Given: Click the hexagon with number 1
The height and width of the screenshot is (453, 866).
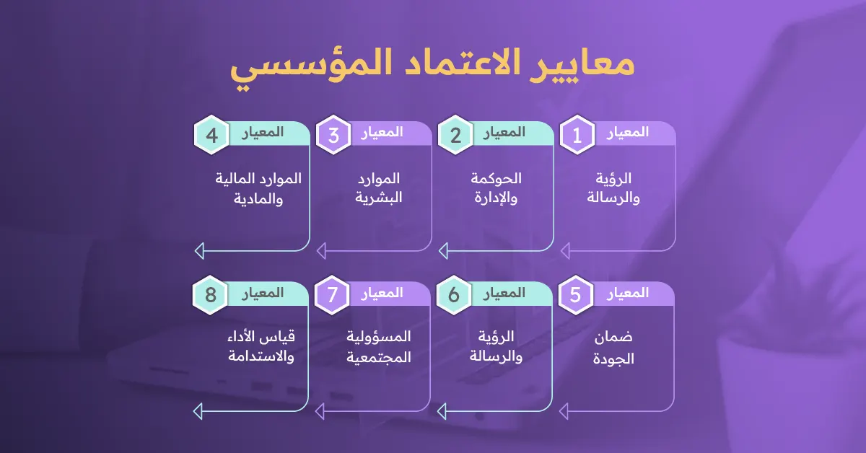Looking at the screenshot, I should coord(577,135).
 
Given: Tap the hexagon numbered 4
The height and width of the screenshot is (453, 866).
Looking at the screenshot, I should coord(211,135).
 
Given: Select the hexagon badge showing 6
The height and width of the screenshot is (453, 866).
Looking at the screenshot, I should coord(455,296).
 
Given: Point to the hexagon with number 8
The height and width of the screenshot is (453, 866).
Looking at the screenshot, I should coord(211,296).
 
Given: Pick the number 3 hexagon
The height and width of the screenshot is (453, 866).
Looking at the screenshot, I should coord(333,135).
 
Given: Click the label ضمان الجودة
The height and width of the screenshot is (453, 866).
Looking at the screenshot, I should coord(613,348).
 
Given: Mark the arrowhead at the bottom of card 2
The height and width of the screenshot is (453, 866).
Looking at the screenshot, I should coord(443,250).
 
